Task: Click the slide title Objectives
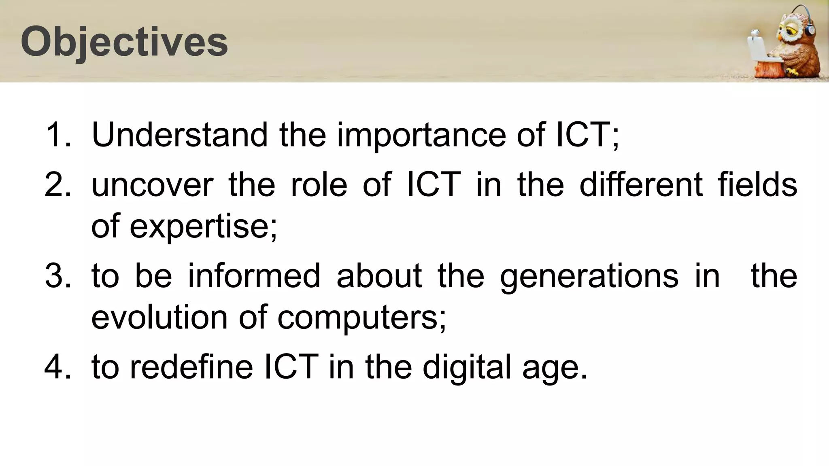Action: (124, 42)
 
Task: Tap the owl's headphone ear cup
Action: (810, 29)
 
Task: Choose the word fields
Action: (757, 185)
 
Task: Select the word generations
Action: (589, 276)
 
